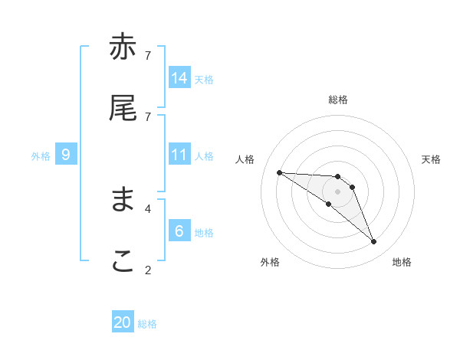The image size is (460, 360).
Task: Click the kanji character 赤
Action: coord(123,47)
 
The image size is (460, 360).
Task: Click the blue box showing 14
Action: coord(179,77)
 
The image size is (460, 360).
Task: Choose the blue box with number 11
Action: coord(179,155)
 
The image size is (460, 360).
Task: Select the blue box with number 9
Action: coord(66,155)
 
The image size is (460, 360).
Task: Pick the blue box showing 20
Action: coord(123,322)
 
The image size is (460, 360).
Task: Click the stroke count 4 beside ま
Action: coord(147,208)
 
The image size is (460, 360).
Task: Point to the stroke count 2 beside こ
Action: coord(147,270)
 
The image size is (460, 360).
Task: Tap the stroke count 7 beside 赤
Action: coord(147,55)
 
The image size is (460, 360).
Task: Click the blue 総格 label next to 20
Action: coord(147,324)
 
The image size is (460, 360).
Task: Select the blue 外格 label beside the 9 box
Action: coord(41,156)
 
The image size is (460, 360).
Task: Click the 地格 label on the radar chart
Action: coord(402,262)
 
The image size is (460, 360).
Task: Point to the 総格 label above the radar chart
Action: coord(338,100)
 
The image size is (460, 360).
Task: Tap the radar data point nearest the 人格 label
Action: coord(279,172)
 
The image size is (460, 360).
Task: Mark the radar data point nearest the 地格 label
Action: coord(373,242)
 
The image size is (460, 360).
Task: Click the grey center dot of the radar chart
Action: coord(337,191)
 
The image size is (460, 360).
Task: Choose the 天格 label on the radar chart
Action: coord(431,159)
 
